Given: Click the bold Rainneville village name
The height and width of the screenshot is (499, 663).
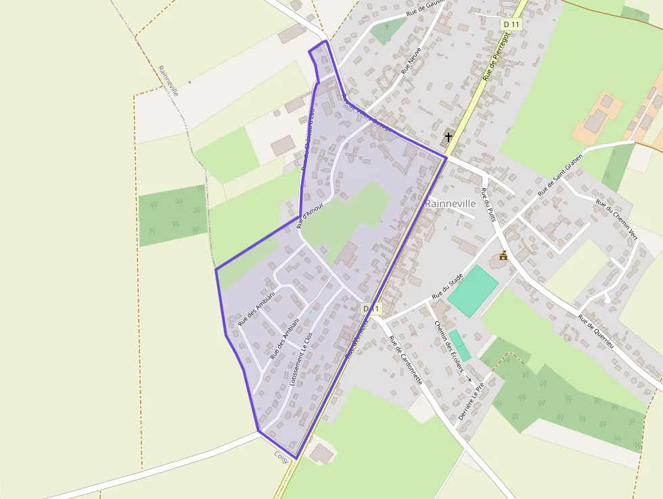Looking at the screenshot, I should pos(451,203).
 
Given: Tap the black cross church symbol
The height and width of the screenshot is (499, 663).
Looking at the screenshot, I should pos(448,137).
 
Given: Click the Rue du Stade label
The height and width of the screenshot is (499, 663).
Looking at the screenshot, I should pos(447,286).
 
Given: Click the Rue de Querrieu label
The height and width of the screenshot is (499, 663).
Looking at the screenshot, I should pos(595,331).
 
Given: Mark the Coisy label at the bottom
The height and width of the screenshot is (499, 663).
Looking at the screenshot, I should pos(281,456).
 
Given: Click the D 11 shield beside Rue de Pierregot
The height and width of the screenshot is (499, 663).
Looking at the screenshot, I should pos(512,24).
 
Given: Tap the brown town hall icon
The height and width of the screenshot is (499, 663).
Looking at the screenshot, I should pos(503,255).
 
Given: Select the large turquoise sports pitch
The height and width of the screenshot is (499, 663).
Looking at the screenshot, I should pos(473,290).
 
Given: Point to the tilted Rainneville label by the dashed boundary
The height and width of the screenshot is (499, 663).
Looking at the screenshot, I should pos(168,81).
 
